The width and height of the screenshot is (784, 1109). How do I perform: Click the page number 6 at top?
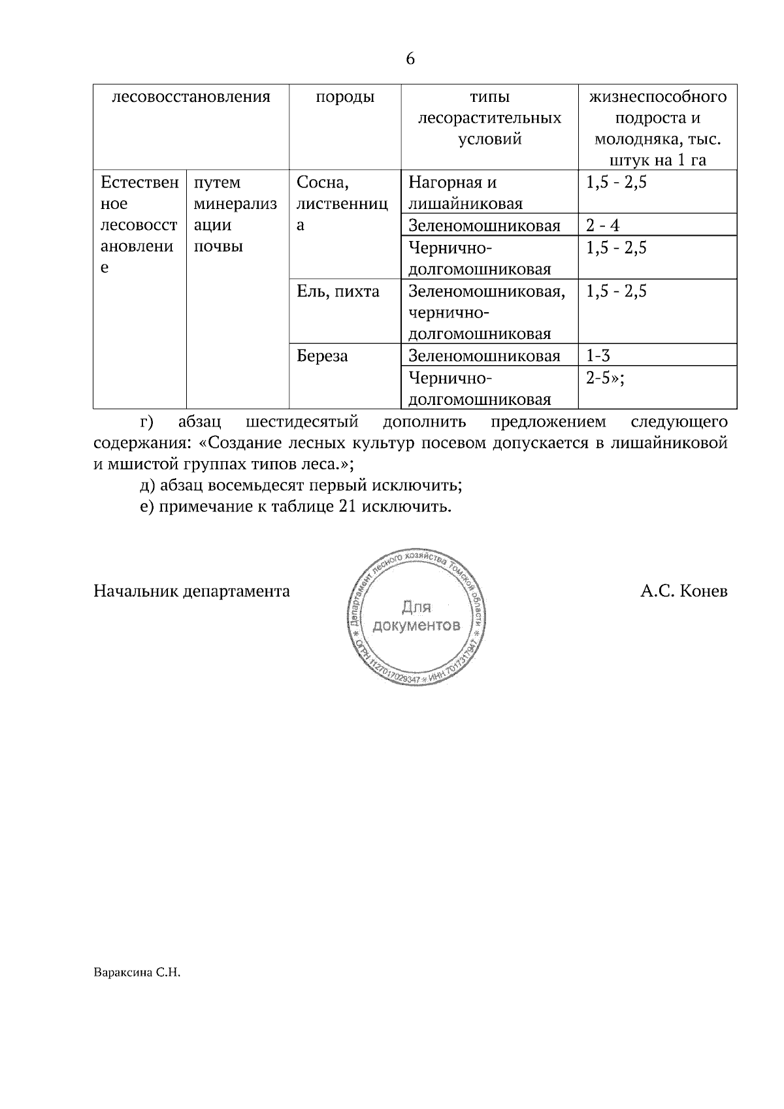410,59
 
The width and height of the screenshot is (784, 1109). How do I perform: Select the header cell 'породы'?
345,97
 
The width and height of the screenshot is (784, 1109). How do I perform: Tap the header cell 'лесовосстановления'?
191,97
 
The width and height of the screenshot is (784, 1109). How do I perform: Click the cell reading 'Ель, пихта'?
338,291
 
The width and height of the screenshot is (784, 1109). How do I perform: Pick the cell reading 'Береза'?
322,356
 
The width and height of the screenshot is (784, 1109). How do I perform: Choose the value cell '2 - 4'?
602,226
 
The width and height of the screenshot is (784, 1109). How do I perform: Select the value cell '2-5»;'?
605,378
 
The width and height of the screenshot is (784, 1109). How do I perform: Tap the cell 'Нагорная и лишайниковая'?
465,193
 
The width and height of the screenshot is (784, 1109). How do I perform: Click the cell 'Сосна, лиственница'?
342,204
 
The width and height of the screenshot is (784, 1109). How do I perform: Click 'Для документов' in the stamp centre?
416,616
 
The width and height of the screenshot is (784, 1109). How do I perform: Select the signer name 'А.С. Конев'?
683,592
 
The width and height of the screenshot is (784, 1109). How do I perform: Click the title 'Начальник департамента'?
191,592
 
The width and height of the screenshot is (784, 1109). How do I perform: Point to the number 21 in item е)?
347,507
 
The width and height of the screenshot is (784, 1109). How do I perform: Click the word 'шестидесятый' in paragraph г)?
302,422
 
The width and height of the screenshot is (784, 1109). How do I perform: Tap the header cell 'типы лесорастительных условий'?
489,118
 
